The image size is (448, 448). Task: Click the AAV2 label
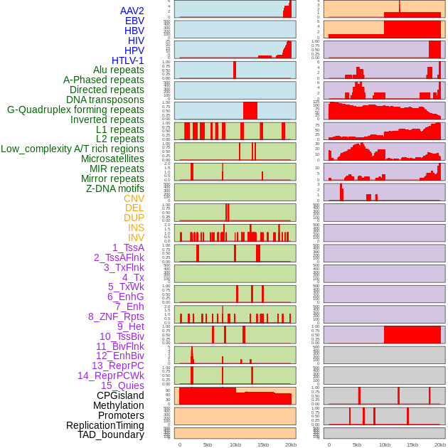(132, 11)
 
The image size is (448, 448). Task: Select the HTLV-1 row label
(128, 60)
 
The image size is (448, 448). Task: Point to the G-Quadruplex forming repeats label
(75, 110)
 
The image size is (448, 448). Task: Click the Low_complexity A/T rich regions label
(73, 149)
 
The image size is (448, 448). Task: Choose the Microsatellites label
(112, 159)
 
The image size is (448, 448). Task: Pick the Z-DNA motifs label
(115, 188)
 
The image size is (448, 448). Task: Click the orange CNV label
(134, 198)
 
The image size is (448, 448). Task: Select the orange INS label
(136, 228)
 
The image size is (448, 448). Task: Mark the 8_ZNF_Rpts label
(116, 316)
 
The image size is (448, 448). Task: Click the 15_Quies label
(122, 385)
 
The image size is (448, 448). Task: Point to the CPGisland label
(120, 395)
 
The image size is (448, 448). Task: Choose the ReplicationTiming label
(105, 425)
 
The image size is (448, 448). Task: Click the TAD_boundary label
(111, 434)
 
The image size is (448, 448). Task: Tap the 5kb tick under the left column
(208, 444)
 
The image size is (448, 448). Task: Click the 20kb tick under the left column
(291, 444)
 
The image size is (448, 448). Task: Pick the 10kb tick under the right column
(385, 444)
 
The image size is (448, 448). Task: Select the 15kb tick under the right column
(412, 444)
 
